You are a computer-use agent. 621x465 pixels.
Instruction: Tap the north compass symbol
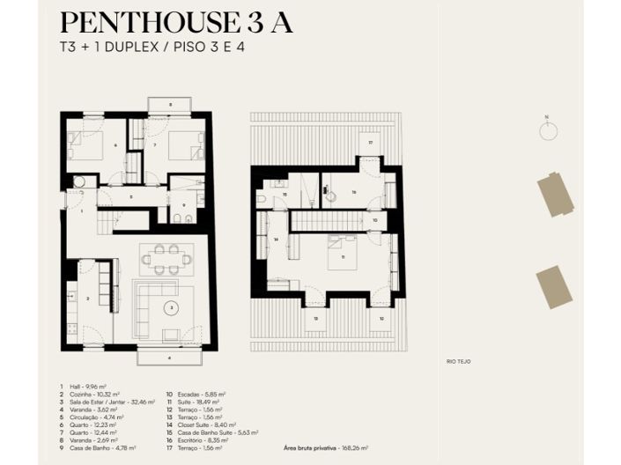click(x=547, y=129)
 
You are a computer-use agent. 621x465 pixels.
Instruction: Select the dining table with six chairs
click(x=167, y=259)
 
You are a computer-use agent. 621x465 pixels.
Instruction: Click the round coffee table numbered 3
click(x=173, y=307)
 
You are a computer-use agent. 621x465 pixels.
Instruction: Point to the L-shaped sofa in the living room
click(x=145, y=308)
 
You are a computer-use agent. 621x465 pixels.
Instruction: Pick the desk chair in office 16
click(x=331, y=196)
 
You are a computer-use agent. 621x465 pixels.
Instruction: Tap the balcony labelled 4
click(x=169, y=358)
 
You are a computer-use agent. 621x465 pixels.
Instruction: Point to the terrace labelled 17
click(x=371, y=144)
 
